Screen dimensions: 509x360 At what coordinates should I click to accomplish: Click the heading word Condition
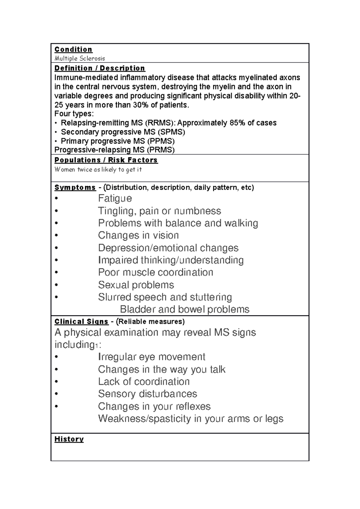click(73, 49)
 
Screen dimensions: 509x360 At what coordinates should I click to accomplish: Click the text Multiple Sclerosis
click(79, 58)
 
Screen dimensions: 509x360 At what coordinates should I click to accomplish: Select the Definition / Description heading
click(100, 68)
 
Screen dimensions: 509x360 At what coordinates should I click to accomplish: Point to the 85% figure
click(237, 123)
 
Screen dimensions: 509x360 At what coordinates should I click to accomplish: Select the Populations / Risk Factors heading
click(106, 160)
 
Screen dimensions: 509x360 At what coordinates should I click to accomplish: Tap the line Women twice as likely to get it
click(98, 170)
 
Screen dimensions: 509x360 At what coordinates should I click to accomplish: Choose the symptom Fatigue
click(115, 198)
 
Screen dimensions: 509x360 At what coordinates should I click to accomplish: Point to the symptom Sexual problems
click(136, 285)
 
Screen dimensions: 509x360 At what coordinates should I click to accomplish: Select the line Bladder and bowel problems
click(184, 309)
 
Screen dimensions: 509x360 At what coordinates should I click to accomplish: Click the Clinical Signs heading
click(81, 322)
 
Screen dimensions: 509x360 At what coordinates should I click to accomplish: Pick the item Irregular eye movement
click(151, 357)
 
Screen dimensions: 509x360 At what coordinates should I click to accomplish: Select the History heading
click(69, 439)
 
